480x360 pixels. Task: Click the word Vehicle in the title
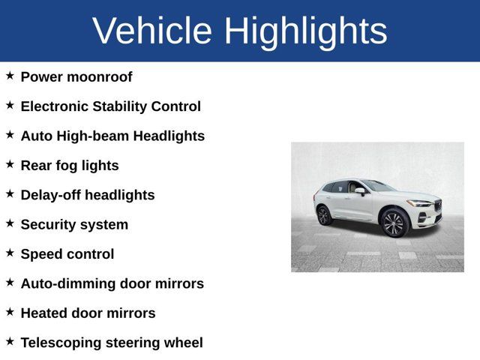click(x=151, y=31)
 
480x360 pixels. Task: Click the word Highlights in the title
click(x=305, y=31)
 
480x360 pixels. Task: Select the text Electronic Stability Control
click(x=110, y=106)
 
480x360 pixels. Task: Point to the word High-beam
click(x=91, y=136)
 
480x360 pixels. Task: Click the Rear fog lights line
click(x=70, y=166)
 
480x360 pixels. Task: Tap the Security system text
click(x=74, y=224)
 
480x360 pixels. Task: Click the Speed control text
click(x=67, y=254)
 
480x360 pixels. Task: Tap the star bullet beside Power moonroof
click(x=10, y=76)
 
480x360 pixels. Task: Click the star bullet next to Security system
click(x=10, y=223)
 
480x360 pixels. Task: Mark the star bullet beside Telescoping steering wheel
click(x=10, y=341)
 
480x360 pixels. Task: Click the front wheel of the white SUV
click(x=394, y=223)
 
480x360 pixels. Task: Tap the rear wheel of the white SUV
click(x=324, y=215)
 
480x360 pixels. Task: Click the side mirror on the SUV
click(x=361, y=191)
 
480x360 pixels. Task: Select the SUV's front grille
click(x=437, y=205)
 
